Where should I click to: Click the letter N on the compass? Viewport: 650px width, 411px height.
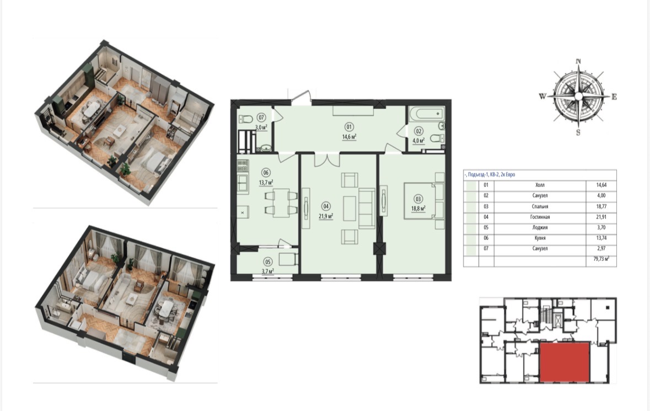pyautogui.click(x=578, y=61)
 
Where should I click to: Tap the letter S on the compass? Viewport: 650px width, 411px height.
pyautogui.click(x=578, y=133)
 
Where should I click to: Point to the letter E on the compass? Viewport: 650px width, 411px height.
pyautogui.click(x=614, y=97)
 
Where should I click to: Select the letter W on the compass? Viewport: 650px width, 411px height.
pyautogui.click(x=542, y=97)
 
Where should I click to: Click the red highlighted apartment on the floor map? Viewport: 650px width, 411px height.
pyautogui.click(x=565, y=362)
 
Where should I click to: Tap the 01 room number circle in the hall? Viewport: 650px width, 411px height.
pyautogui.click(x=349, y=127)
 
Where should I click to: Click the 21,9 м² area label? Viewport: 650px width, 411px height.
pyautogui.click(x=326, y=216)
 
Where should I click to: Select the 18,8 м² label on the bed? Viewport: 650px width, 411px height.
pyautogui.click(x=418, y=209)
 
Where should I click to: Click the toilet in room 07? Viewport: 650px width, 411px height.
pyautogui.click(x=246, y=119)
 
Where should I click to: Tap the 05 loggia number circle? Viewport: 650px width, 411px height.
pyautogui.click(x=268, y=262)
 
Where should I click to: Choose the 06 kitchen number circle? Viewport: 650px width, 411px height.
pyautogui.click(x=266, y=173)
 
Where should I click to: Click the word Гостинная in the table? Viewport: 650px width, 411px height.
pyautogui.click(x=540, y=217)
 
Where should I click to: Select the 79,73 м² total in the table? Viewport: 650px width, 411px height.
pyautogui.click(x=601, y=259)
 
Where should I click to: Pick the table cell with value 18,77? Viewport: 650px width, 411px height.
pyautogui.click(x=601, y=206)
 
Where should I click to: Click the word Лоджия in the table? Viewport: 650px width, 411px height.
pyautogui.click(x=540, y=228)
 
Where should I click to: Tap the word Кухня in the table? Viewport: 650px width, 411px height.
pyautogui.click(x=540, y=238)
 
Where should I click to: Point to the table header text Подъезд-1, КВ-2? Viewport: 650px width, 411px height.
pyautogui.click(x=484, y=174)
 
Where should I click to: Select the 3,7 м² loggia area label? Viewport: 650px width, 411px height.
pyautogui.click(x=268, y=271)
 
